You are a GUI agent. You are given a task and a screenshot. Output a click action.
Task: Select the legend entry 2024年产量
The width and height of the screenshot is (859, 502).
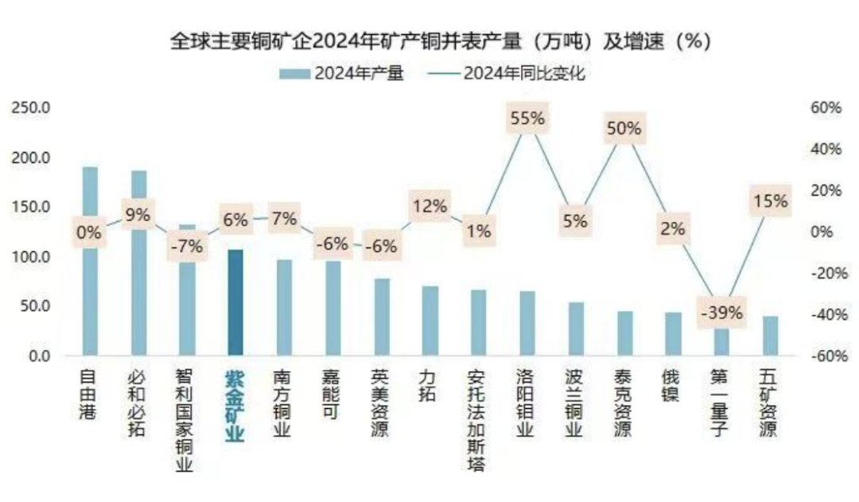pos(342,74)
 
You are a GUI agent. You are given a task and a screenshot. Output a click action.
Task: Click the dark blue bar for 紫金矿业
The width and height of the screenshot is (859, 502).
pos(235,302)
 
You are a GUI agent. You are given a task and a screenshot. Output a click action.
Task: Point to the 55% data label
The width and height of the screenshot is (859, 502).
pos(527,119)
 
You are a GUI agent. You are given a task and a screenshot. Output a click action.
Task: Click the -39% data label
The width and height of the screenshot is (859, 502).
pos(721,313)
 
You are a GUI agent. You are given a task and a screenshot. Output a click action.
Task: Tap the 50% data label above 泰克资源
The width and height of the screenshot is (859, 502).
pos(624,128)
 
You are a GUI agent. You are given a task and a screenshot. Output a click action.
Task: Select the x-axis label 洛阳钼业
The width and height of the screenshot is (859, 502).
pos(527,403)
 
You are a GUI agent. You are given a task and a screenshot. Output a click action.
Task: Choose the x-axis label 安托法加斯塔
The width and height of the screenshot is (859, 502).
pos(477,419)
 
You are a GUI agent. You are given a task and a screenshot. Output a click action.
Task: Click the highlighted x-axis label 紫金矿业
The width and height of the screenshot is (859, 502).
pos(235,403)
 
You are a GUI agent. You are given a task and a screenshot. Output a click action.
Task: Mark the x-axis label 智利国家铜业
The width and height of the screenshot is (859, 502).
pos(185,419)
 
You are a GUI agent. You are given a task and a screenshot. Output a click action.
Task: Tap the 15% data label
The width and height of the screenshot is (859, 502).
pos(769,201)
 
